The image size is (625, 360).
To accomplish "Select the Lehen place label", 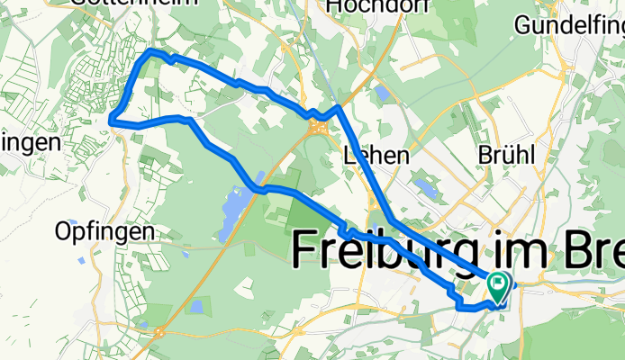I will [x=376, y=156].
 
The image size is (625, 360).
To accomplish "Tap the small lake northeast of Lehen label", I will [x=424, y=186].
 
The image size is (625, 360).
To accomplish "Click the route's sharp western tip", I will [x=111, y=118].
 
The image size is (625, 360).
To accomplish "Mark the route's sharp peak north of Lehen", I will [x=338, y=107].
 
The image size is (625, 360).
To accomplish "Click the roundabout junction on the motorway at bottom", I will [x=159, y=331].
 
